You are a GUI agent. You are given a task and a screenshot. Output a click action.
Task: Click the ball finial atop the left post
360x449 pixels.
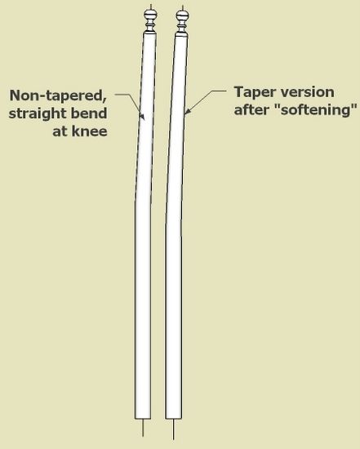[151, 15]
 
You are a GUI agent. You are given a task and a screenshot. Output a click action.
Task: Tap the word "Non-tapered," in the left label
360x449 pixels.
[58, 96]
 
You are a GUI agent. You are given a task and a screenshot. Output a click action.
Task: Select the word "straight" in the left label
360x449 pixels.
[38, 113]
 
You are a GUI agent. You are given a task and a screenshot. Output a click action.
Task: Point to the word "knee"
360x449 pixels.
[89, 131]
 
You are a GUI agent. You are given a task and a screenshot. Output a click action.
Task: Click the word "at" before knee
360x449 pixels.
[60, 131]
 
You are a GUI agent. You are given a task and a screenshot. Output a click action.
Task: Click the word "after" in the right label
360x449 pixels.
[252, 109]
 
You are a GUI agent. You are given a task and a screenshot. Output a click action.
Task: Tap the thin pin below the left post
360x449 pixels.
[143, 428]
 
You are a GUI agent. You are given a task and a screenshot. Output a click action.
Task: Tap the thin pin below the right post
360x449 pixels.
[173, 429]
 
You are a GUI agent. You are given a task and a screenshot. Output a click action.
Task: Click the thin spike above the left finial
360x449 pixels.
[151, 7]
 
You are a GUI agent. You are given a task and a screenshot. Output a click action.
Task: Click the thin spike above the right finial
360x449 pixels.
[182, 8]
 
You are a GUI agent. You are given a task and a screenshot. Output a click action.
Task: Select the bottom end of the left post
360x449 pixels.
[143, 419]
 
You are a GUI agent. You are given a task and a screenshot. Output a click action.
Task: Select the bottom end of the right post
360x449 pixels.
[173, 420]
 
